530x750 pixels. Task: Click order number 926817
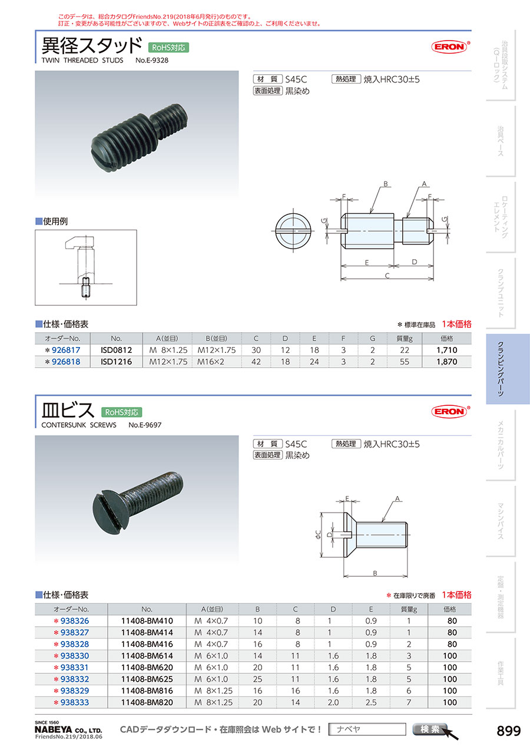click(x=66, y=350)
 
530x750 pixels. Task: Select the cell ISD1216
click(x=116, y=362)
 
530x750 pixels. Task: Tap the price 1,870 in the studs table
click(x=447, y=362)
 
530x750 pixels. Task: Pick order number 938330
click(x=75, y=656)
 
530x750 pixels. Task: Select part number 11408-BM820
click(x=147, y=702)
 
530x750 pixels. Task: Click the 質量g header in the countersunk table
click(x=409, y=609)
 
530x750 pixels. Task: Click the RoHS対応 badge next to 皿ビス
click(x=121, y=412)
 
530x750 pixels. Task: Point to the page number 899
click(x=509, y=731)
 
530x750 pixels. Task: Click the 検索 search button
click(x=430, y=729)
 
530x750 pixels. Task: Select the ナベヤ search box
click(x=367, y=729)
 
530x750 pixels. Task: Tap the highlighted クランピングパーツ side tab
click(x=508, y=369)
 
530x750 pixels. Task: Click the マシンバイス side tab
click(x=501, y=521)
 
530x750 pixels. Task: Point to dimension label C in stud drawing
click(x=387, y=276)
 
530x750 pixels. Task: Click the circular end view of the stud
click(x=293, y=230)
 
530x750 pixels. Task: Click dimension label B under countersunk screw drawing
click(x=375, y=573)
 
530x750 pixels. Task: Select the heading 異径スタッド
click(x=92, y=45)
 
